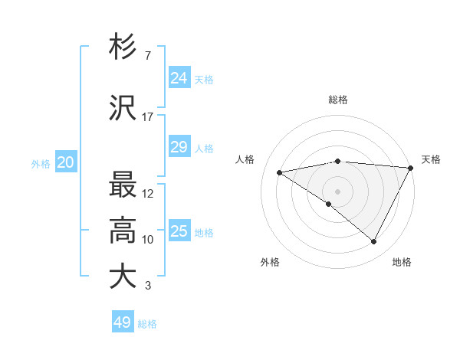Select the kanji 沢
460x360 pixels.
pyautogui.click(x=123, y=107)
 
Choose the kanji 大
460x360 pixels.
pyautogui.click(x=123, y=277)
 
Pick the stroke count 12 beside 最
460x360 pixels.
pyautogui.click(x=148, y=194)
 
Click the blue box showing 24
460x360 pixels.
pyautogui.click(x=179, y=77)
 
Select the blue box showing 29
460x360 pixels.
pyautogui.click(x=179, y=147)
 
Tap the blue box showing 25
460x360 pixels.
pyautogui.click(x=179, y=231)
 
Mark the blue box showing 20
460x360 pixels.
pyautogui.click(x=66, y=162)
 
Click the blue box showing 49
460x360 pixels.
pyautogui.click(x=123, y=322)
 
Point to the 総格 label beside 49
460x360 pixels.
pyautogui.click(x=148, y=324)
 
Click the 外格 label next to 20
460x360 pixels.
pyautogui.click(x=41, y=163)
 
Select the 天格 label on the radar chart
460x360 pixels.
pyautogui.click(x=431, y=159)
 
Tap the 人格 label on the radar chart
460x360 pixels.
pyautogui.click(x=245, y=159)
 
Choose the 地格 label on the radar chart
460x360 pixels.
pyautogui.click(x=402, y=262)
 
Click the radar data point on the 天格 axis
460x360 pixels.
pyautogui.click(x=412, y=168)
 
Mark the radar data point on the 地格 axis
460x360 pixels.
pyautogui.click(x=374, y=242)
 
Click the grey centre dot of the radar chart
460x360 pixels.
pyautogui.click(x=337, y=191)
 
